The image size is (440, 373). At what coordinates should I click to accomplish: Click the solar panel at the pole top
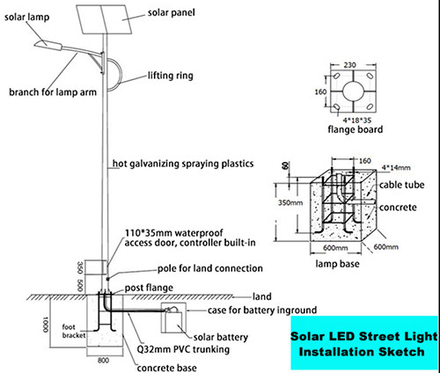pyautogui.click(x=105, y=18)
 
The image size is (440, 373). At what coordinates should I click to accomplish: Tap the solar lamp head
pyautogui.click(x=48, y=45)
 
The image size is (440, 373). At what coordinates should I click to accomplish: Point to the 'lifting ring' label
pyautogui.click(x=170, y=76)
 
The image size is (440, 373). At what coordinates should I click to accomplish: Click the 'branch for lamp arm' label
pyautogui.click(x=53, y=92)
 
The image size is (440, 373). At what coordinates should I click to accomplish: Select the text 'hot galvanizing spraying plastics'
pyautogui.click(x=183, y=164)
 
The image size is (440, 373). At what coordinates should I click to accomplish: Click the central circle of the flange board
pyautogui.click(x=353, y=91)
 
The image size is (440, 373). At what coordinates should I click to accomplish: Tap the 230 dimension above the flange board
pyautogui.click(x=349, y=65)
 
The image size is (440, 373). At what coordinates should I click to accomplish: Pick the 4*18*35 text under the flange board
pyautogui.click(x=357, y=120)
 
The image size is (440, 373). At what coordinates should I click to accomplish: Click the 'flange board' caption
pyautogui.click(x=356, y=129)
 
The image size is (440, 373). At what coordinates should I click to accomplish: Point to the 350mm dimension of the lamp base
pyautogui.click(x=290, y=202)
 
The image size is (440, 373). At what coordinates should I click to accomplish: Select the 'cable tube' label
pyautogui.click(x=401, y=185)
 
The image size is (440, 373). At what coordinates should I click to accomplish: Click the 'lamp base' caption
pyautogui.click(x=337, y=264)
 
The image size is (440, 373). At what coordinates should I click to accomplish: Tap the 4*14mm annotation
pyautogui.click(x=396, y=168)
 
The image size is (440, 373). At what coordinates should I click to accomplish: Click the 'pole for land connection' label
pyautogui.click(x=210, y=268)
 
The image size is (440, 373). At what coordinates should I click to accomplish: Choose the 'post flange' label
pyautogui.click(x=149, y=288)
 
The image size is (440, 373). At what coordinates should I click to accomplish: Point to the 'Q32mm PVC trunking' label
pyautogui.click(x=183, y=349)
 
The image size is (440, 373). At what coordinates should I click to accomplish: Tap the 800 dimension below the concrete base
pyautogui.click(x=103, y=361)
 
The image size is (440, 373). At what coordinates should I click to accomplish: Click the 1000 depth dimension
pyautogui.click(x=45, y=324)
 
